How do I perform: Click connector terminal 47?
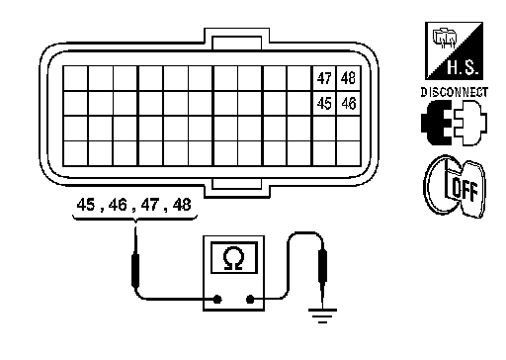pos(324,78)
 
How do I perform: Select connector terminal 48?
pos(349,78)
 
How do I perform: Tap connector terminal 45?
pos(324,104)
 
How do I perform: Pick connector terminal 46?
pos(349,104)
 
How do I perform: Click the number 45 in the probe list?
pos(86,205)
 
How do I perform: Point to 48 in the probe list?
pos(182,205)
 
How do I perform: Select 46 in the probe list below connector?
pos(118,205)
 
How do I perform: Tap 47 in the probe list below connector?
pos(150,205)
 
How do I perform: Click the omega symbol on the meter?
pos(234,259)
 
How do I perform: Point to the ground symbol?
pos(322,315)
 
